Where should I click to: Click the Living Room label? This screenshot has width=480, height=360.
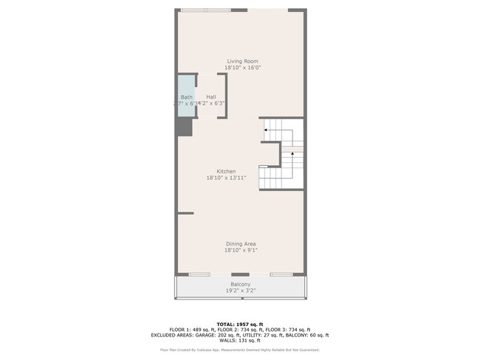pos(242,61)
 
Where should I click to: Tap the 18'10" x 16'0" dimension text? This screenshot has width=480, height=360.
pos(242,68)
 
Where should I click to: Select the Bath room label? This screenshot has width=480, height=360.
pos(186,97)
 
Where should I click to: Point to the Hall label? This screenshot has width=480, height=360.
pos(211,97)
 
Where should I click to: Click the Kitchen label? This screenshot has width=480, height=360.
pos(226,171)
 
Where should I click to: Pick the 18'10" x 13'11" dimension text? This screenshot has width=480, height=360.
pos(226,178)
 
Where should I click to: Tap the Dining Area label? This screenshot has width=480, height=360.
pos(241,243)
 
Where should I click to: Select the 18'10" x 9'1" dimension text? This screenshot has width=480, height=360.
pos(241,250)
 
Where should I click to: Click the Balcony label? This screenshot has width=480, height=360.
pos(240,284)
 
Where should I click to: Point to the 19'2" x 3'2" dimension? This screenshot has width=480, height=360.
pos(240,291)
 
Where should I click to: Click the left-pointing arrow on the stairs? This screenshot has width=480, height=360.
pos(266,130)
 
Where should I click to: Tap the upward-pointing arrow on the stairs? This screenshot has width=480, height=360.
pos(292,153)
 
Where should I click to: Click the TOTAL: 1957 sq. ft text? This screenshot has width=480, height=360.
pos(240,324)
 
